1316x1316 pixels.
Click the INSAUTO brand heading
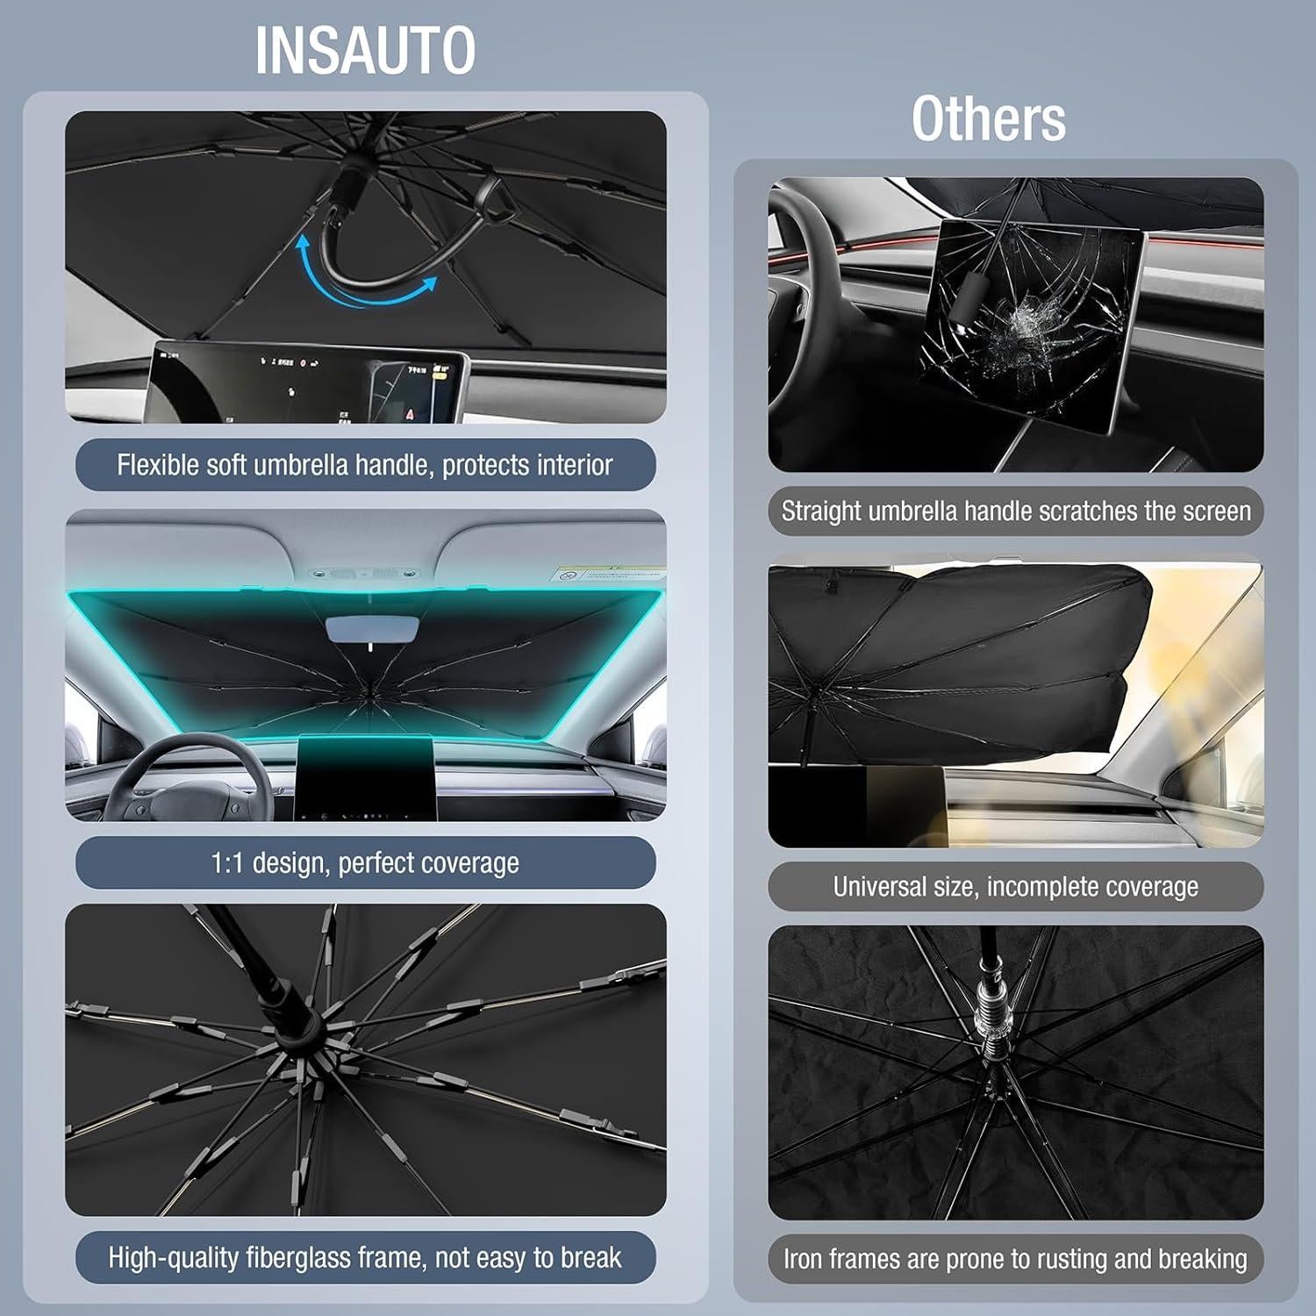365,51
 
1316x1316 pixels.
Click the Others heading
988,119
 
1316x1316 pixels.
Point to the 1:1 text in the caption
227,863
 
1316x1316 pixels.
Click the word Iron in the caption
803,1259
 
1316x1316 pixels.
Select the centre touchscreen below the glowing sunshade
367,776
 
